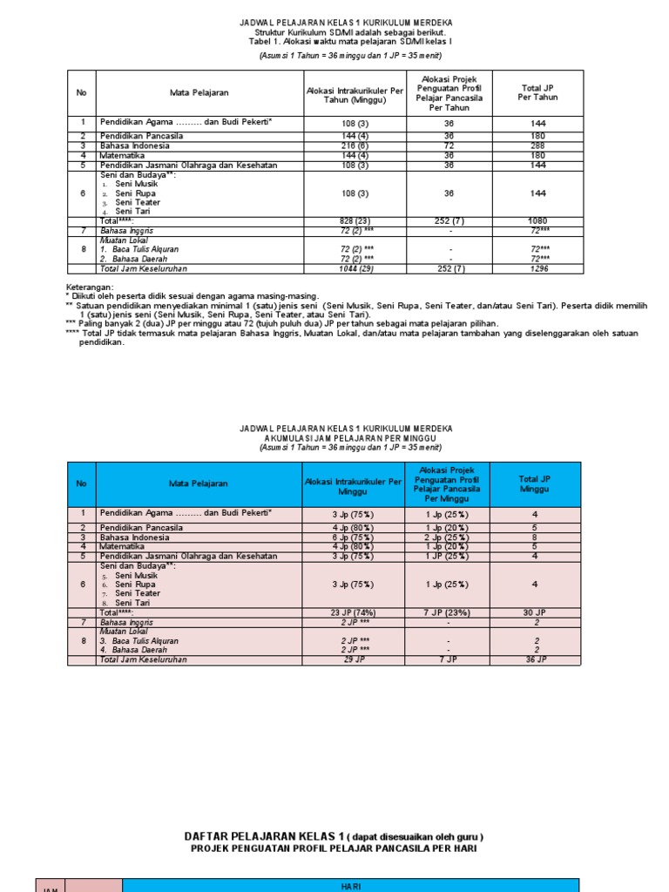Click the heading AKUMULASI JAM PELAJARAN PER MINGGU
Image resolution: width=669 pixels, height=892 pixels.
(346, 438)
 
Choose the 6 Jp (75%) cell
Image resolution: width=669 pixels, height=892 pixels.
(353, 537)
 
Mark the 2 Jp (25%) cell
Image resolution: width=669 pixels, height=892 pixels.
(446, 537)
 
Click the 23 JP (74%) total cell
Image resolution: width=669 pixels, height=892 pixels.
(353, 613)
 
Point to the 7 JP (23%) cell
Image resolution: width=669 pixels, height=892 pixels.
(446, 613)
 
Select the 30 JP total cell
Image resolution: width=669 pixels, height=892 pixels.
(535, 613)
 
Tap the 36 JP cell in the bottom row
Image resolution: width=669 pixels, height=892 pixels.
(535, 660)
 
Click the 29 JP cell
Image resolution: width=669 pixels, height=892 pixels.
(353, 660)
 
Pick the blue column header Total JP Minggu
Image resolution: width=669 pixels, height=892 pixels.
(535, 483)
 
